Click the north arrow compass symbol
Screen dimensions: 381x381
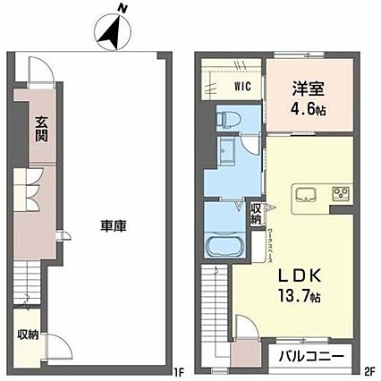pyautogui.click(x=112, y=33)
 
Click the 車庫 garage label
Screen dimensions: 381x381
pyautogui.click(x=113, y=226)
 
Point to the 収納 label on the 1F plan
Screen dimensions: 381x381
pyautogui.click(x=26, y=335)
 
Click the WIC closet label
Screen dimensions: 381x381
pyautogui.click(x=241, y=87)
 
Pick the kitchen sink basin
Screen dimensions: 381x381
pyautogui.click(x=302, y=193)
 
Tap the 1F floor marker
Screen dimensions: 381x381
pyautogui.click(x=178, y=368)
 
